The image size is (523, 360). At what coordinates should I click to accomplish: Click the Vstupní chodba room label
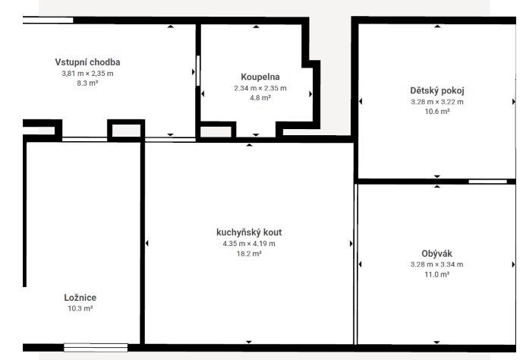point(87,62)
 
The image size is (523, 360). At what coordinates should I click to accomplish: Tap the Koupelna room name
point(260,77)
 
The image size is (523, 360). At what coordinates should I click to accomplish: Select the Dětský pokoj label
point(437,90)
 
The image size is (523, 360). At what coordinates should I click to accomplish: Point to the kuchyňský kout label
point(249,232)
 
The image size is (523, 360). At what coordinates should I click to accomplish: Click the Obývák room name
point(436,254)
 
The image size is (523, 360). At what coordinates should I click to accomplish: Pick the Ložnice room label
point(80,298)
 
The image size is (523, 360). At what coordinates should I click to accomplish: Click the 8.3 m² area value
point(87,83)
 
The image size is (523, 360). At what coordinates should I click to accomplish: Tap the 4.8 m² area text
point(260,98)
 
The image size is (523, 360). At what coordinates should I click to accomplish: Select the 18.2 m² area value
point(249,254)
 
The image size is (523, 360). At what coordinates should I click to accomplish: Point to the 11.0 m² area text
point(436,274)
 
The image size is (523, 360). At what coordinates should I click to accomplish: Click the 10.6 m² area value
point(437,112)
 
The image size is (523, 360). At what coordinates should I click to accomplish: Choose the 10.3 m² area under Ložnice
point(80,308)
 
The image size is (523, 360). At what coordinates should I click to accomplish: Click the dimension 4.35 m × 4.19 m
point(249,244)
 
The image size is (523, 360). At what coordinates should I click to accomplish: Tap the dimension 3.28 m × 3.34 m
point(436,264)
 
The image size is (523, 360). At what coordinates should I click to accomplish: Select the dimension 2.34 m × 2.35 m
point(260,88)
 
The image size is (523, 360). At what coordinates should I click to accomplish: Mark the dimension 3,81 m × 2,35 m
point(87,74)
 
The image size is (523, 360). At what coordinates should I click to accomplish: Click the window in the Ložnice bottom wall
point(96,348)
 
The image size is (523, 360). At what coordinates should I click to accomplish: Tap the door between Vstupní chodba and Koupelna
point(198,71)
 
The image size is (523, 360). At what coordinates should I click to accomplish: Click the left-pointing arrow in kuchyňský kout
point(147,243)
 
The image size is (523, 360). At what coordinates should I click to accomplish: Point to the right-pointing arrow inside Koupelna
point(310,94)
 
